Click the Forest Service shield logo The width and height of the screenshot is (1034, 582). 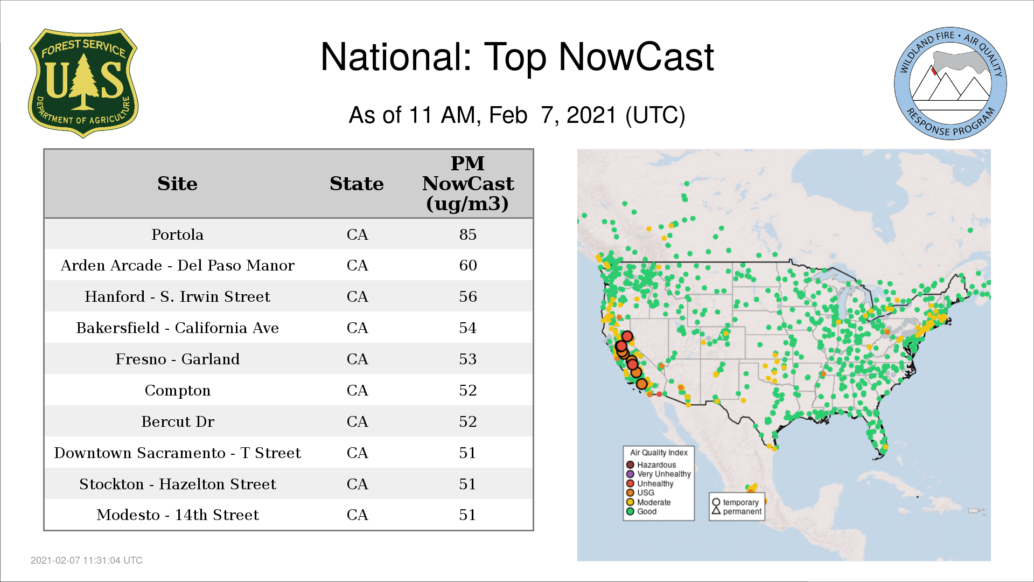pos(83,84)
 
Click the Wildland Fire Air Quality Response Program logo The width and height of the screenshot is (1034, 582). pos(951,84)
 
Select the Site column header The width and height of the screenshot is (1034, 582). pos(177,184)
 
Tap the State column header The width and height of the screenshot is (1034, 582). pos(357,184)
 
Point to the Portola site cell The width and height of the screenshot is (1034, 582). pos(177,235)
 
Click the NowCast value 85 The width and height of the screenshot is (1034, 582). pos(468,235)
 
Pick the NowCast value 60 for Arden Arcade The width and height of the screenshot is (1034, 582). pos(468,266)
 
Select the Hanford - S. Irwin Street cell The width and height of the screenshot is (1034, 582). pos(177,297)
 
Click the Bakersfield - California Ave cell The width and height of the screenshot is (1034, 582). pos(177,328)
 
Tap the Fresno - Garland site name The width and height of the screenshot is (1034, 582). pos(177,359)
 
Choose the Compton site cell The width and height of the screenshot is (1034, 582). pos(177,391)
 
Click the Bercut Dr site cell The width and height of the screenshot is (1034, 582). pos(177,422)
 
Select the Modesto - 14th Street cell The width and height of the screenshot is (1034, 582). pos(177,515)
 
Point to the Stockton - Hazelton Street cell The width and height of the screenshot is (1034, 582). pos(177,484)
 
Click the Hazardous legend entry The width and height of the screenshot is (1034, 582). pos(651,465)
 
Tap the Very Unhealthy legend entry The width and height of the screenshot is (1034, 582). pos(659,474)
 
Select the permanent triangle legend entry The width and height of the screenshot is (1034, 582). pos(737,511)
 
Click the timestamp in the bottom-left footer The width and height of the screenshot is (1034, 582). pos(87,560)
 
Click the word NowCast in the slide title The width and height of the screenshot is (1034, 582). pos(636,57)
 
